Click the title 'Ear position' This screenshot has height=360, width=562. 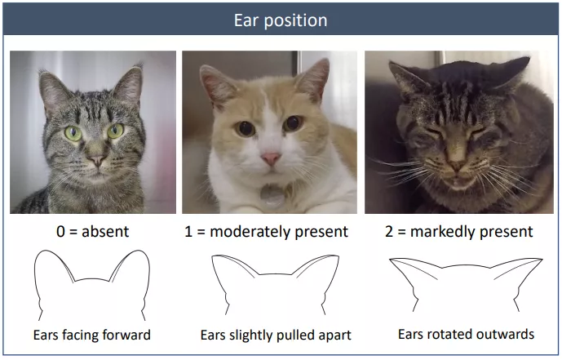[x=281, y=20]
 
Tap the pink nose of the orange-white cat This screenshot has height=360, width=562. [x=271, y=158]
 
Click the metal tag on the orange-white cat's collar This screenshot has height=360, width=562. [x=272, y=196]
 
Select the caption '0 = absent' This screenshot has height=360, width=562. [x=92, y=232]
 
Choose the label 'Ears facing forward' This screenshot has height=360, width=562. [x=92, y=335]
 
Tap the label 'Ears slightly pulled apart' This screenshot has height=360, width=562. [x=276, y=336]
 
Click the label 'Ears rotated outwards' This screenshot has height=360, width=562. [x=466, y=334]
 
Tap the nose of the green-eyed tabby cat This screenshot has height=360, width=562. [x=97, y=159]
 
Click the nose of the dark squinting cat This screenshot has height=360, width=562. [x=458, y=165]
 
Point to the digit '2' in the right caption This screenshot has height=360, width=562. [x=389, y=232]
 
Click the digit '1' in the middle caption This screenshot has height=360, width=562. [x=188, y=232]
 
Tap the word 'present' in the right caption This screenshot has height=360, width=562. [x=507, y=233]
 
